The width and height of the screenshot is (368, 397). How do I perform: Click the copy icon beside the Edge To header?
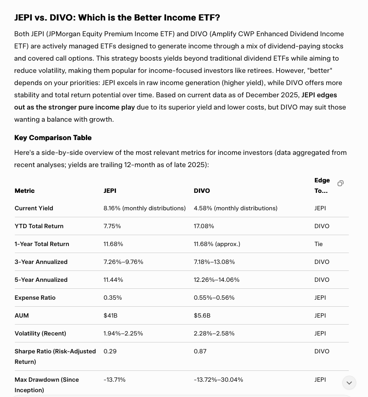[x=341, y=183]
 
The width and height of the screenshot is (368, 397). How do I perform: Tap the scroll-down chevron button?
[x=349, y=383]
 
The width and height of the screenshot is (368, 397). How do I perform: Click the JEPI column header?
[x=110, y=191]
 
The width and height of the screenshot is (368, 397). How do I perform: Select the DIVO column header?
[x=202, y=191]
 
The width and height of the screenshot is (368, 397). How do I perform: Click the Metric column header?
[x=24, y=191]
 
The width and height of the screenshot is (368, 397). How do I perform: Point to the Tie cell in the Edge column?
[x=319, y=244]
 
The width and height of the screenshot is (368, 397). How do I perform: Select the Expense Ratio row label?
[x=35, y=298]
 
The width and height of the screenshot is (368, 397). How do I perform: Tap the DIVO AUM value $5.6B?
[x=202, y=315]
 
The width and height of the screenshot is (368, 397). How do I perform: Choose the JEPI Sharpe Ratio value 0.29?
[x=110, y=351]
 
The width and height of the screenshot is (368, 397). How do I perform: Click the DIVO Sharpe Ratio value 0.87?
[x=200, y=351]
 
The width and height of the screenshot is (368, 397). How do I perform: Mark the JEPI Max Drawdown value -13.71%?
[x=115, y=380]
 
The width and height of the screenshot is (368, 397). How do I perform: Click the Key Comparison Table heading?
[x=53, y=137]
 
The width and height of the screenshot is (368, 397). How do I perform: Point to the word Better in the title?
[x=147, y=17]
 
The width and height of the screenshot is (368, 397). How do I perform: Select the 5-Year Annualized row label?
[x=41, y=280]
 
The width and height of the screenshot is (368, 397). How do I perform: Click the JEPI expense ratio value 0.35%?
[x=112, y=298]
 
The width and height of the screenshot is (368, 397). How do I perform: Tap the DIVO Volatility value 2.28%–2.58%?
[x=214, y=333]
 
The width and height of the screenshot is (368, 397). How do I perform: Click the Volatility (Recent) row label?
[x=40, y=333]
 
